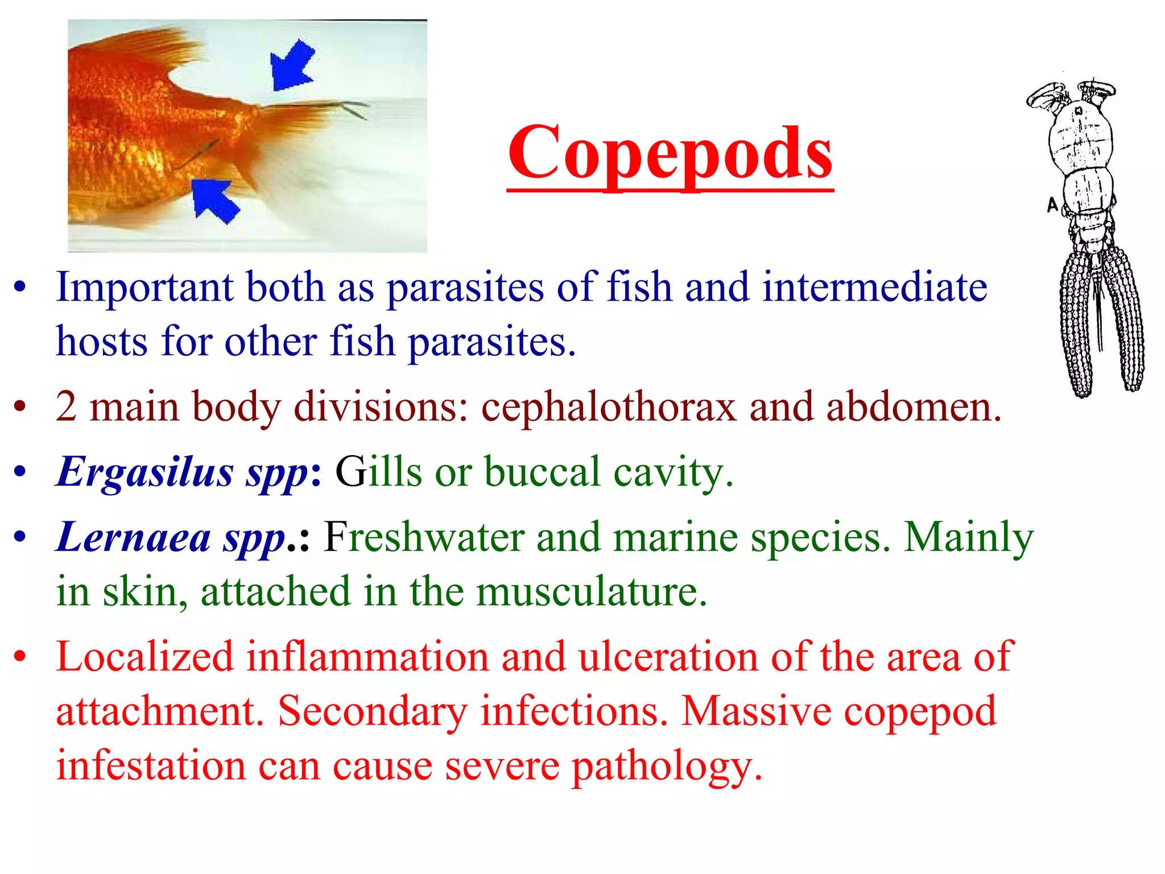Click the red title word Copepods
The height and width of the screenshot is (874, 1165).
[670, 152]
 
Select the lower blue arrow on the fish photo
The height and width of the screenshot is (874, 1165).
[214, 200]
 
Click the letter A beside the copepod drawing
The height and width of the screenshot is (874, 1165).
[1052, 204]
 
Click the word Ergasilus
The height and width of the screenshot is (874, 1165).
[145, 472]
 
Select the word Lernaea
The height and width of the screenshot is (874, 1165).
[134, 537]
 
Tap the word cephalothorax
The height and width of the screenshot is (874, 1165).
[609, 407]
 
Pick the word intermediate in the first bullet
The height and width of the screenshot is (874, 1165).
[874, 287]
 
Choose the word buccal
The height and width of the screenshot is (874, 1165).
[542, 472]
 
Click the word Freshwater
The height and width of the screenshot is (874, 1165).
[424, 537]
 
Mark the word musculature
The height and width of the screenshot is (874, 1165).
[592, 592]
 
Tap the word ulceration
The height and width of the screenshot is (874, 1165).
[668, 657]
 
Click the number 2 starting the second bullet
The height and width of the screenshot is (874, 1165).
[66, 407]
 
